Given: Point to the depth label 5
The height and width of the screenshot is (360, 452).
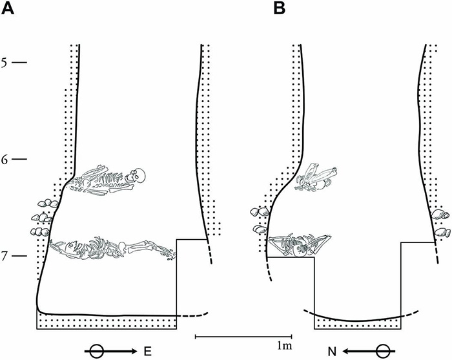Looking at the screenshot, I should [x=5, y=63].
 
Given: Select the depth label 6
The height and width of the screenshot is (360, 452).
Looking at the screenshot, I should [x=5, y=159].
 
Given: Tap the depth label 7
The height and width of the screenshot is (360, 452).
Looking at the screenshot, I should [x=5, y=257].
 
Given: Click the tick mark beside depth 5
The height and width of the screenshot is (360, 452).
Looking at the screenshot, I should [x=20, y=63].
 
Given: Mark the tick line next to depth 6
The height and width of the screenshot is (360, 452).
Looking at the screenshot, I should [x=20, y=159].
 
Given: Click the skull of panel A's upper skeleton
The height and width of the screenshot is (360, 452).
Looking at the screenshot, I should [x=137, y=175].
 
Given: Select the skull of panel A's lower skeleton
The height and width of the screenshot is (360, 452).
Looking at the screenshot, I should [x=59, y=246].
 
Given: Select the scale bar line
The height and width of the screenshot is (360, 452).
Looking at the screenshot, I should [x=243, y=336].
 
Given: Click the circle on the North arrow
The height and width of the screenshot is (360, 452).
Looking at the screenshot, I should [x=382, y=351].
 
